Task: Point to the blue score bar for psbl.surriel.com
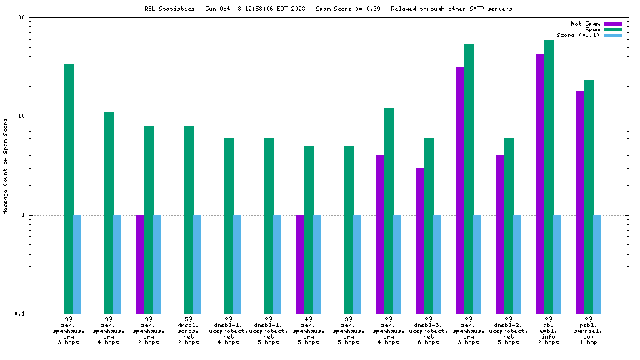597,264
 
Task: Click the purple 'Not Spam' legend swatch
613,24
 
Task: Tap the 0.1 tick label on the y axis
19,314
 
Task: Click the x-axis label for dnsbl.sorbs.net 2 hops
189,331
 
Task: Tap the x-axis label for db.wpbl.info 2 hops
549,331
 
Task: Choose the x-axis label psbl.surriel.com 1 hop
589,331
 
